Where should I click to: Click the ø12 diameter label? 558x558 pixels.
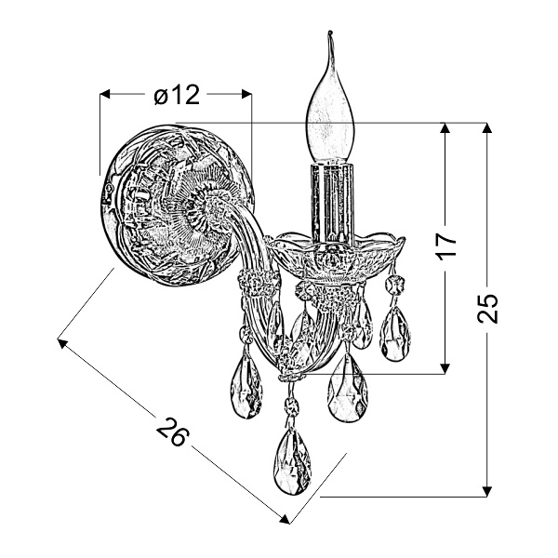(177, 96)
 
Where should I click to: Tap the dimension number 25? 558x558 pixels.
(487, 308)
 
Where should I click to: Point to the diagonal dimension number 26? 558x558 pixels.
(173, 432)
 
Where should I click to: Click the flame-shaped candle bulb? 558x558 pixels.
(330, 107)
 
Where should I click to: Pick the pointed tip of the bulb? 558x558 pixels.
(330, 32)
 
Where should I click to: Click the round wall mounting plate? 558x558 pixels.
(176, 205)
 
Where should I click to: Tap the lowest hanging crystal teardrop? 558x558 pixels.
(292, 461)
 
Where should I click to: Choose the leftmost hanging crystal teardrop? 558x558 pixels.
(246, 387)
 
